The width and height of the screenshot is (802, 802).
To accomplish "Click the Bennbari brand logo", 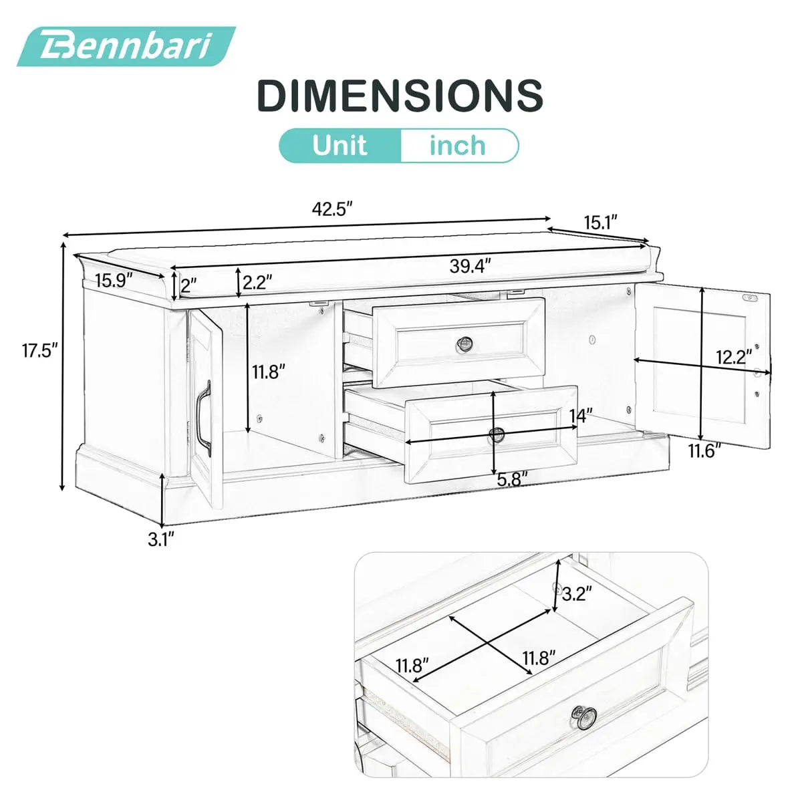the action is (x=126, y=47).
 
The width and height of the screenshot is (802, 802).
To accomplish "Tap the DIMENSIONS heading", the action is (x=400, y=95).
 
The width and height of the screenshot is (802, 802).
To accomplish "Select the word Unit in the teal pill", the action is (x=340, y=145).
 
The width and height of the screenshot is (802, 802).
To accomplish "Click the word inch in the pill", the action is (x=457, y=145).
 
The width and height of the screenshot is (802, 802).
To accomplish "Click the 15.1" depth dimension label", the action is (x=600, y=223).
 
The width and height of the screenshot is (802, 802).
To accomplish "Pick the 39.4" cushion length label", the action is (x=471, y=266).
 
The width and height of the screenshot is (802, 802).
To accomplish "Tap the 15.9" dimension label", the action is (x=114, y=280).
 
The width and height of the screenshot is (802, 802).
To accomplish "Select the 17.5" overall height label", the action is (x=39, y=350).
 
